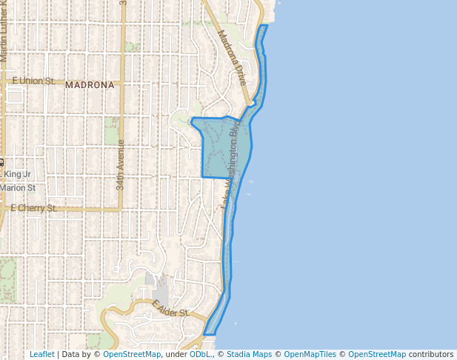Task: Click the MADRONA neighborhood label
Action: [x=90, y=85]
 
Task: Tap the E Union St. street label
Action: [x=33, y=80]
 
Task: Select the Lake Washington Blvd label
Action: [x=236, y=164]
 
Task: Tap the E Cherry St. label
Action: [x=33, y=208]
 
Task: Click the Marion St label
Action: [x=18, y=187]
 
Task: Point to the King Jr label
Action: [x=18, y=174]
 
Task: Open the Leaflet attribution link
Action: [x=41, y=354]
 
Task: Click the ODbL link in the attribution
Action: [x=199, y=354]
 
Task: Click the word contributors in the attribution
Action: [x=431, y=354]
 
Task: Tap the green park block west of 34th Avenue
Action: [x=112, y=130]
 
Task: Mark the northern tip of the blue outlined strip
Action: [x=264, y=27]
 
